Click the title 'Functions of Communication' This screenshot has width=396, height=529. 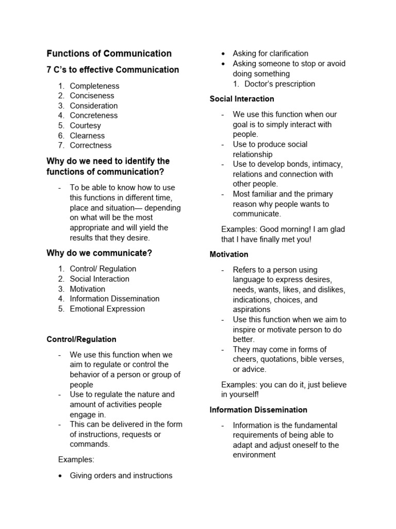(109, 53)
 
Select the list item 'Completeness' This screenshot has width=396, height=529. (94, 86)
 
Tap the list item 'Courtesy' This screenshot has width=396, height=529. (86, 126)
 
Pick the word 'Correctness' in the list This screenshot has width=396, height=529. (91, 145)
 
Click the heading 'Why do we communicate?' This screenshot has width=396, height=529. (99, 253)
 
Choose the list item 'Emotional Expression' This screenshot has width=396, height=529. (107, 309)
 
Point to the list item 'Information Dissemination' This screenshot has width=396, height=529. (114, 299)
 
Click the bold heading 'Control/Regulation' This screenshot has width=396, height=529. (81, 339)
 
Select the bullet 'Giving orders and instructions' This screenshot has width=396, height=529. (121, 475)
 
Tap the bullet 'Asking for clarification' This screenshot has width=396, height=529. (270, 53)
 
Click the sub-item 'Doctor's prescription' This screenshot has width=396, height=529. (279, 84)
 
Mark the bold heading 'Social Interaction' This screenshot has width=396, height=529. (242, 99)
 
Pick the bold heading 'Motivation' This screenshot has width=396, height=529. (229, 254)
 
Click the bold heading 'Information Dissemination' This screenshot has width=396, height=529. (258, 410)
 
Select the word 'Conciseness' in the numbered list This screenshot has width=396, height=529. (92, 96)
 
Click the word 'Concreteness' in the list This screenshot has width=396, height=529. (94, 115)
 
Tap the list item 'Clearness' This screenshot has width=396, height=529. (87, 135)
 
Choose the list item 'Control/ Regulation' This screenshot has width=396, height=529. (103, 269)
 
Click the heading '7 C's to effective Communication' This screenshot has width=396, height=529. (112, 70)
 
